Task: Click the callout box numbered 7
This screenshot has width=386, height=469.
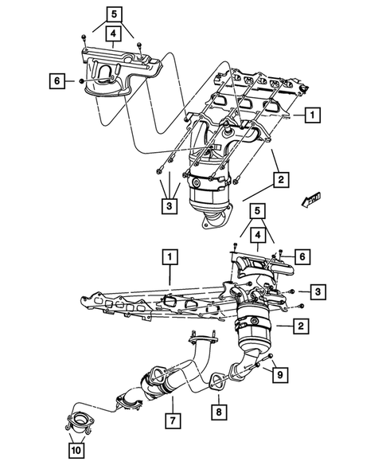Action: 171,417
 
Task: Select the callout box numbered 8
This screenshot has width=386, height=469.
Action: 218,411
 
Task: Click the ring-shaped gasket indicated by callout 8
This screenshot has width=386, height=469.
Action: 215,385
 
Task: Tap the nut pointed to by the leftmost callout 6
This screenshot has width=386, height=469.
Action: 82,80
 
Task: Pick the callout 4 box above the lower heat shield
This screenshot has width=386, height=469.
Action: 259,235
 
